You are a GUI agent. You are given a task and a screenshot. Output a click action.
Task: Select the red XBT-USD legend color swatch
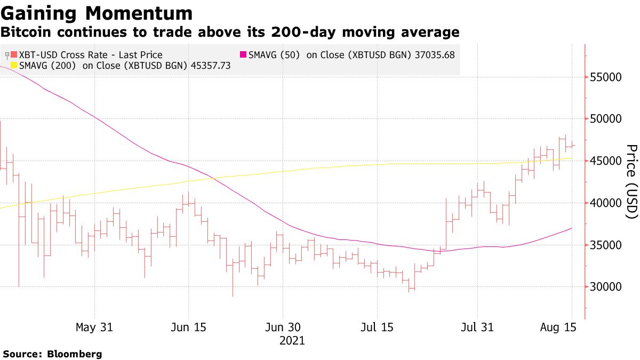tap(14, 55)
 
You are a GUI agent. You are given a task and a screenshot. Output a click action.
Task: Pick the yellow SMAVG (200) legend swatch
tap(14, 66)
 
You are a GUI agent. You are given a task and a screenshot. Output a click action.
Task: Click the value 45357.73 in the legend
tap(210, 66)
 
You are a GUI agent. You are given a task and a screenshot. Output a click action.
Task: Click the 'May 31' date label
tap(94, 327)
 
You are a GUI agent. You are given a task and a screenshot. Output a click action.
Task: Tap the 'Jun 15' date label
tap(189, 327)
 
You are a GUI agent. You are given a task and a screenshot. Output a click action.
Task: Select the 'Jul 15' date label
tap(377, 327)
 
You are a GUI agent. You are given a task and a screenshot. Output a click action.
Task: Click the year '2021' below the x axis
tap(292, 340)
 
